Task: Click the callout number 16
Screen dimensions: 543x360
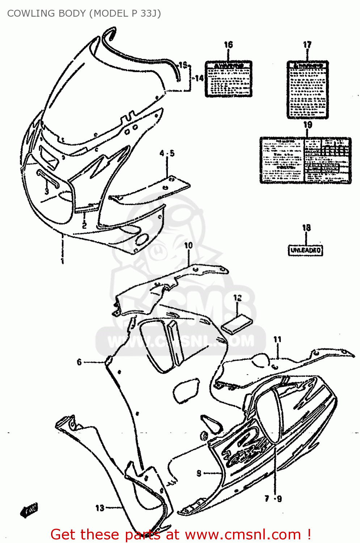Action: click(228, 45)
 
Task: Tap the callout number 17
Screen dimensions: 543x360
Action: click(307, 45)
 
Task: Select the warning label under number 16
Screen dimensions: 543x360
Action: click(228, 79)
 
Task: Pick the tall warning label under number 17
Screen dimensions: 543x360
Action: click(308, 89)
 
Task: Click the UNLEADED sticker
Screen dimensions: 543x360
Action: click(306, 250)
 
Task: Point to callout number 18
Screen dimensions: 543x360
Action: click(306, 228)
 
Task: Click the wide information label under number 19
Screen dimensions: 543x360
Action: click(305, 160)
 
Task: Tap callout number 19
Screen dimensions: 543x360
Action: click(308, 125)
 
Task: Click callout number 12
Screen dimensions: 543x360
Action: click(237, 298)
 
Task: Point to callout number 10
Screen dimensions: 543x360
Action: click(189, 245)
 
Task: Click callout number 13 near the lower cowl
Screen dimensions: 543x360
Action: click(100, 508)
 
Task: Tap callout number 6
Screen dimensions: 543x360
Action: click(79, 362)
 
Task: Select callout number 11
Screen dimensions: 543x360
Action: click(277, 340)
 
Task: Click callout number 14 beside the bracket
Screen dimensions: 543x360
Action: click(199, 78)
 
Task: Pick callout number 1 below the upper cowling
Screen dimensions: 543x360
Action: click(62, 260)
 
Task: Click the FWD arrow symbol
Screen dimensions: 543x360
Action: click(29, 510)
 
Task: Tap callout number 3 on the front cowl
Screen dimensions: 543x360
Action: click(47, 191)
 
